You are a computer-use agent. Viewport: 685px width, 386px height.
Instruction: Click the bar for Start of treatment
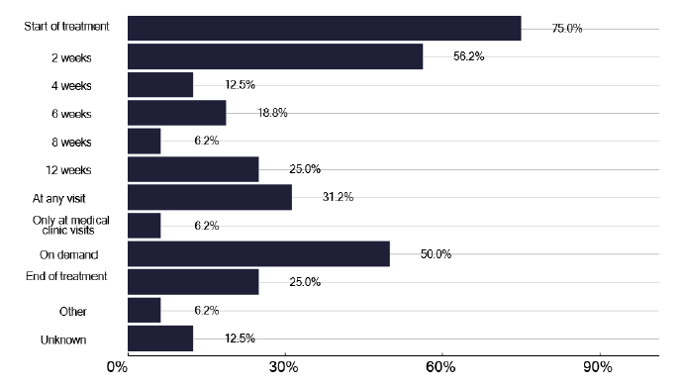[x=324, y=29]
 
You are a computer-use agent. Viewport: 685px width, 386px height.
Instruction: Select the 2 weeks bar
[x=275, y=56]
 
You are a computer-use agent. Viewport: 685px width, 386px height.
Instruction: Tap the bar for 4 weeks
[x=160, y=85]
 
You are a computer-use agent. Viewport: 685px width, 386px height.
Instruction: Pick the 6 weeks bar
[x=177, y=113]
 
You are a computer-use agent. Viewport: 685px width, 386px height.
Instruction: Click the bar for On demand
[x=258, y=254]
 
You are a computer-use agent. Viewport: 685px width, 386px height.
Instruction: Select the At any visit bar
[x=210, y=197]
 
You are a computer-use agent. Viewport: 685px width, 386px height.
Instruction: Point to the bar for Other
[x=145, y=311]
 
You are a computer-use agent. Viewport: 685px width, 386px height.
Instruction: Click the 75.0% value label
[x=566, y=29]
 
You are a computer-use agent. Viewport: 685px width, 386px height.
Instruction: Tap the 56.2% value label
[x=468, y=56]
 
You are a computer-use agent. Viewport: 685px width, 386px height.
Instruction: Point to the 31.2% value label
[x=337, y=197]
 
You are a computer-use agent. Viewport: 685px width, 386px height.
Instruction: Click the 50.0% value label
[x=436, y=254]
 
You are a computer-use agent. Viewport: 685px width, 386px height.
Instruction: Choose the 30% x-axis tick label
[x=283, y=369]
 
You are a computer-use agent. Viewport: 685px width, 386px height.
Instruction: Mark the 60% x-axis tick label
[x=440, y=369]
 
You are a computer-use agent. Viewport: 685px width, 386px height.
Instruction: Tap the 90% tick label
[x=598, y=369]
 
